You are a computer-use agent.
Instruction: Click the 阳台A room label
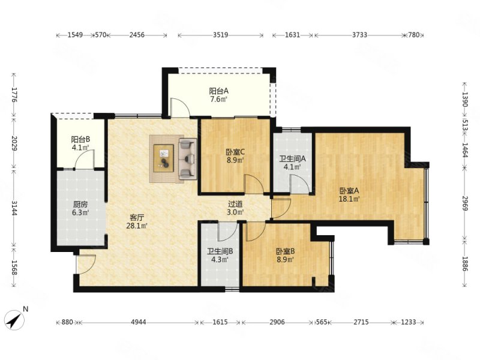click(x=218, y=91)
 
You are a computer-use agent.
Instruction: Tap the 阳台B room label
click(x=80, y=140)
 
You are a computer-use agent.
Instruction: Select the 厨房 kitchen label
click(x=80, y=205)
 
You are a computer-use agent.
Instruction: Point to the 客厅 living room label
click(x=137, y=218)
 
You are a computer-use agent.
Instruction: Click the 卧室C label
click(x=235, y=152)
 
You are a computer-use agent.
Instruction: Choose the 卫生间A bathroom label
click(x=293, y=159)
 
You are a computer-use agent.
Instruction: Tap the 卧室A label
click(x=349, y=191)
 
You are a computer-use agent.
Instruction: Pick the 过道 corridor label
click(x=235, y=203)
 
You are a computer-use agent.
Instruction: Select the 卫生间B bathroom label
click(x=220, y=251)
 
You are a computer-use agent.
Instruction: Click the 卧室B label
click(x=286, y=251)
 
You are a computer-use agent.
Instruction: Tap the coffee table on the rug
click(x=163, y=158)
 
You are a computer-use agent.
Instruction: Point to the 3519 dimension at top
click(x=220, y=35)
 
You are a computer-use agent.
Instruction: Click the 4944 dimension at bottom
click(x=139, y=322)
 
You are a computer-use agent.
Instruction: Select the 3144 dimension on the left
click(x=14, y=207)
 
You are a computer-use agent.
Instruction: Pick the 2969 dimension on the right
click(x=465, y=203)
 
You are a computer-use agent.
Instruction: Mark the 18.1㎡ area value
click(x=349, y=199)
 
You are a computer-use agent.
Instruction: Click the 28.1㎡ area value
click(x=137, y=226)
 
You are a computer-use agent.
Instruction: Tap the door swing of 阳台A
click(x=180, y=107)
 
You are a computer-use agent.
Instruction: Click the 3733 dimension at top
click(x=359, y=35)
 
